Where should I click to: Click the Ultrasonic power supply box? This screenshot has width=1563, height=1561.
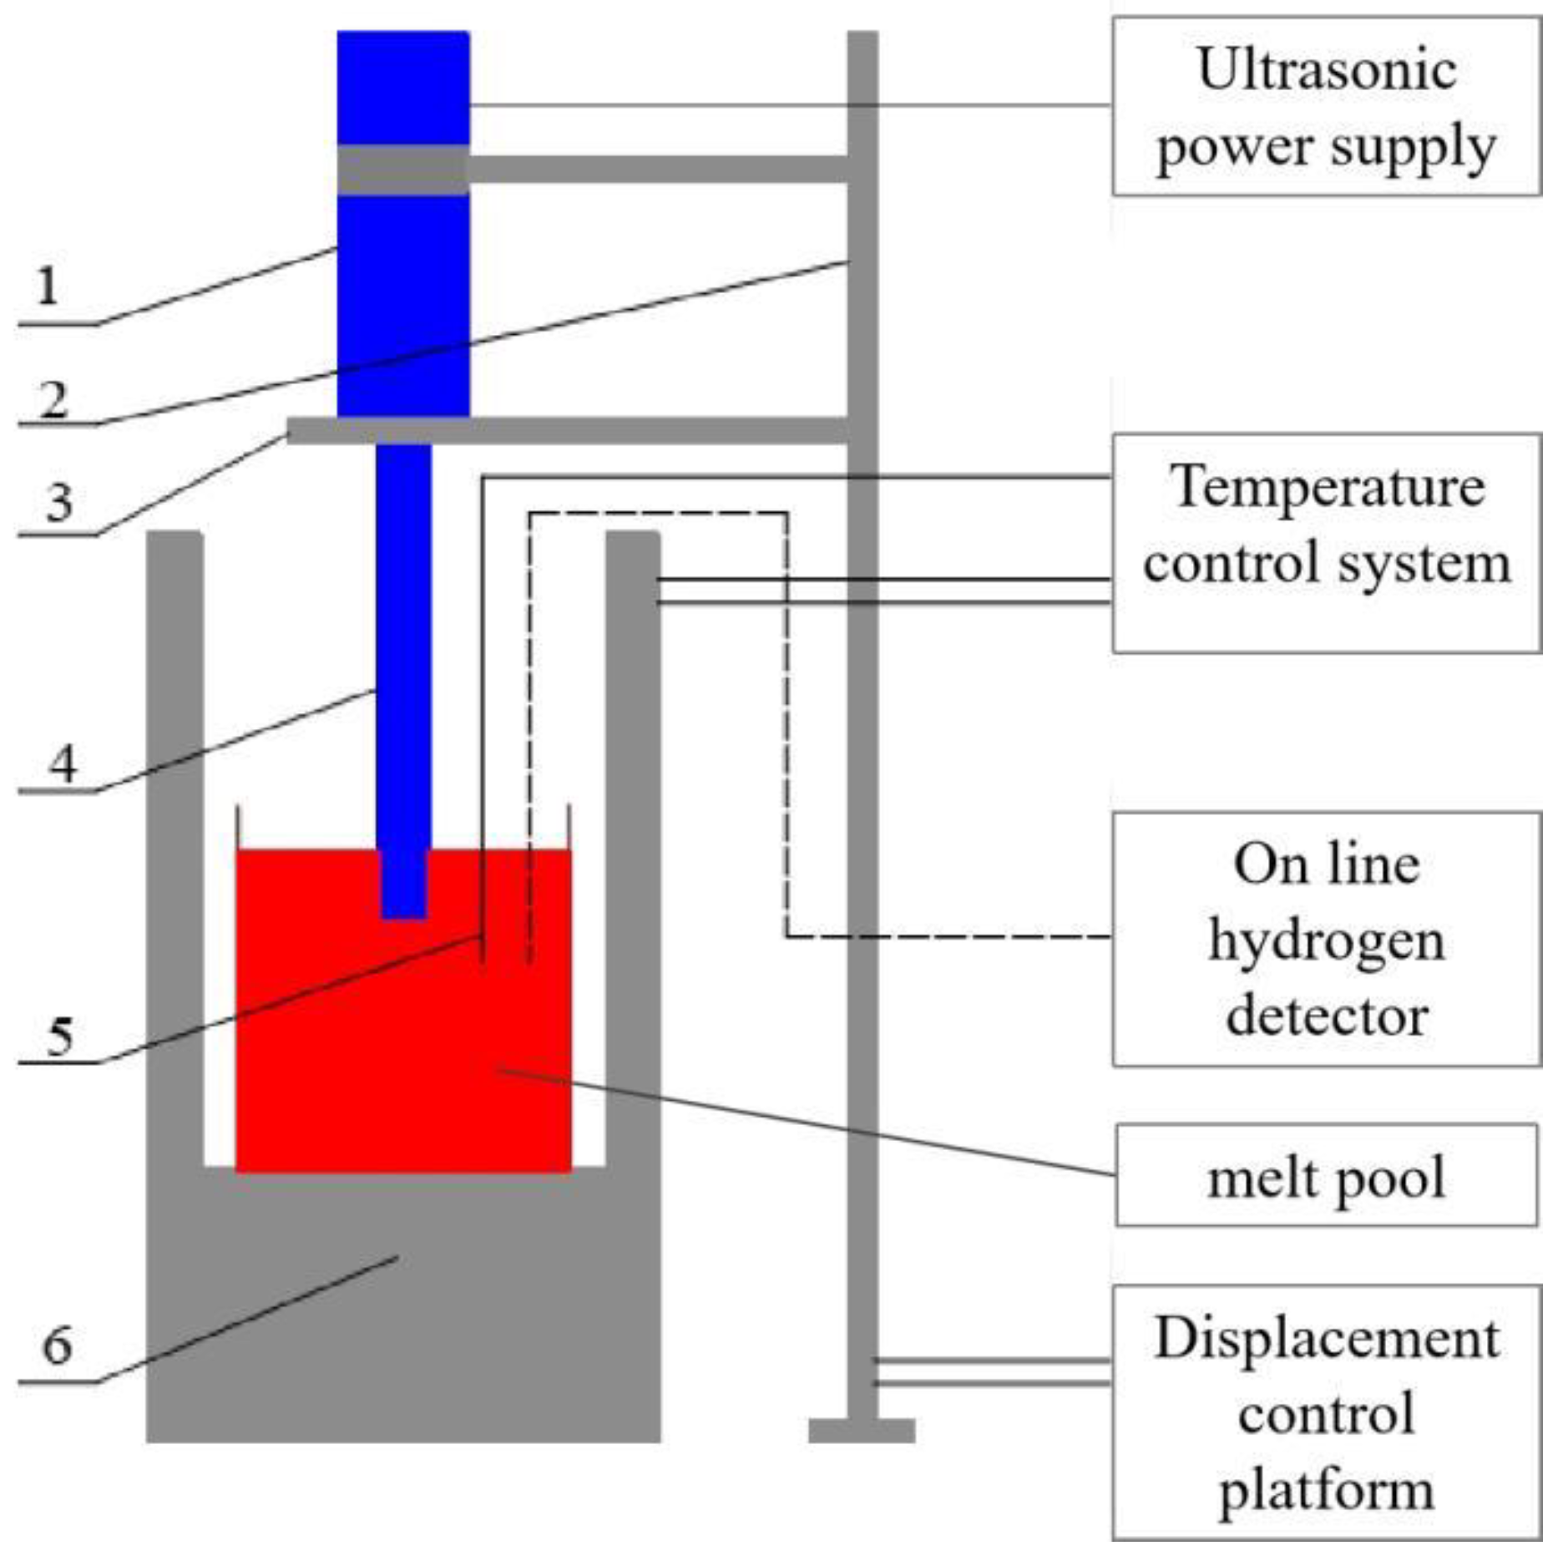pos(1326,106)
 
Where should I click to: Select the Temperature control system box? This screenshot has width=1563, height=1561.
pos(1326,543)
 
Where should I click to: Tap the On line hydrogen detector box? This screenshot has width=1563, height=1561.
pos(1326,940)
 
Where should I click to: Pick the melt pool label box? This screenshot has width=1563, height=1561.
pos(1326,1175)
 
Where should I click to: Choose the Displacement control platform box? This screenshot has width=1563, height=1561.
pos(1326,1411)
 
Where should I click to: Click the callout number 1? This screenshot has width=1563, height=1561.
pos(48,286)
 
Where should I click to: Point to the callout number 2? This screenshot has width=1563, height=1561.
pos(53,400)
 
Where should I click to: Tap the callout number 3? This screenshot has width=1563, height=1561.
pos(58,503)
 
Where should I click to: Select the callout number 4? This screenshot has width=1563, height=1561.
pos(63,763)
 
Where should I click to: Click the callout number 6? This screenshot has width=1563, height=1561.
pos(57,1346)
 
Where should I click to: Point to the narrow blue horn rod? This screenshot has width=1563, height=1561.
pos(404,635)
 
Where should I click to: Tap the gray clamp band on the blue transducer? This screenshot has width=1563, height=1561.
pos(403,170)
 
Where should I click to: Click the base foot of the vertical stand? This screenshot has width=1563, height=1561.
pos(862,1430)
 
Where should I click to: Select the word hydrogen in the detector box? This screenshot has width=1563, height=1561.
pos(1326,941)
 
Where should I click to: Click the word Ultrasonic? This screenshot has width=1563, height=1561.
pos(1328,68)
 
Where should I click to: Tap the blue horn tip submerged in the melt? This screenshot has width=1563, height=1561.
pos(404,885)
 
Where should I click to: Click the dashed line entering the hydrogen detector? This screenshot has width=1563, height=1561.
pos(952,936)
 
